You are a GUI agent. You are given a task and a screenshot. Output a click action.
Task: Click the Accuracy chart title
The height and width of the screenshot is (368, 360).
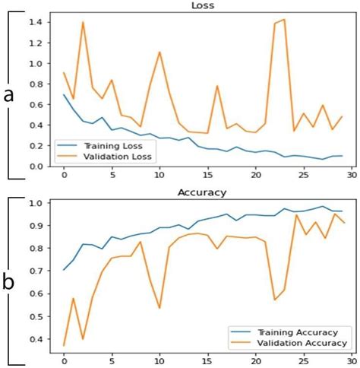point(201,192)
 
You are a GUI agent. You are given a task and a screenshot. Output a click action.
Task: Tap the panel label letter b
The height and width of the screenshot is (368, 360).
point(9,282)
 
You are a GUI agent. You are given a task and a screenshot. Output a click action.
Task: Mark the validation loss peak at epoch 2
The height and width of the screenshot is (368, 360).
point(83,22)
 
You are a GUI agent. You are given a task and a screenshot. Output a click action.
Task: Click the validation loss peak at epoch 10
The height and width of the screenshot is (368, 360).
point(159,52)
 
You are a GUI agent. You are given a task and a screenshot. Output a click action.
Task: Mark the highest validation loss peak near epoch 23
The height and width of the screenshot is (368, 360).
point(284,20)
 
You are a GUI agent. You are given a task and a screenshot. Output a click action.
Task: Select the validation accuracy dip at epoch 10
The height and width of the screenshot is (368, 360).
point(159,308)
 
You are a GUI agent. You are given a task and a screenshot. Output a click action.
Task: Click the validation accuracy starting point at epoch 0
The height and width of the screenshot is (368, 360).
point(64,345)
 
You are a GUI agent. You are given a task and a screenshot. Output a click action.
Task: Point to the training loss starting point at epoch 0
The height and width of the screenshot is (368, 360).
point(64,94)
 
